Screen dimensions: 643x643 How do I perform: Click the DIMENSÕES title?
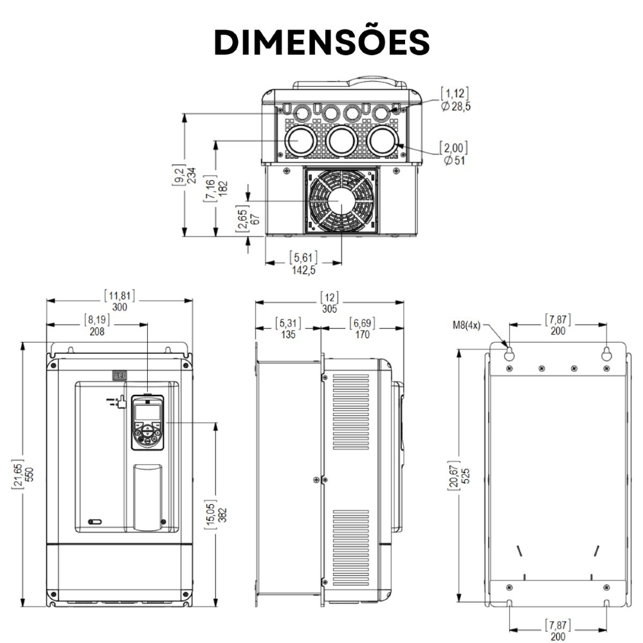321,42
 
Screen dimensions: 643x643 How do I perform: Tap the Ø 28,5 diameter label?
456,106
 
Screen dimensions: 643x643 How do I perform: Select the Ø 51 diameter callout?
454,160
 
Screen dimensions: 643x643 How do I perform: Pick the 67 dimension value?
256,217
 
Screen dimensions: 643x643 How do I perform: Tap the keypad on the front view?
147,422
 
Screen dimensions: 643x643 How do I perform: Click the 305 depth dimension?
329,307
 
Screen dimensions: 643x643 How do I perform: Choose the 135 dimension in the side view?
289,334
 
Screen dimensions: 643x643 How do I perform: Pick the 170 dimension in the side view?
362,334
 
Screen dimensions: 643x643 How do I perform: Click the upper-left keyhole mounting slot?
509,354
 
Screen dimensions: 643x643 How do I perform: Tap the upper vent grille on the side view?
351,412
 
